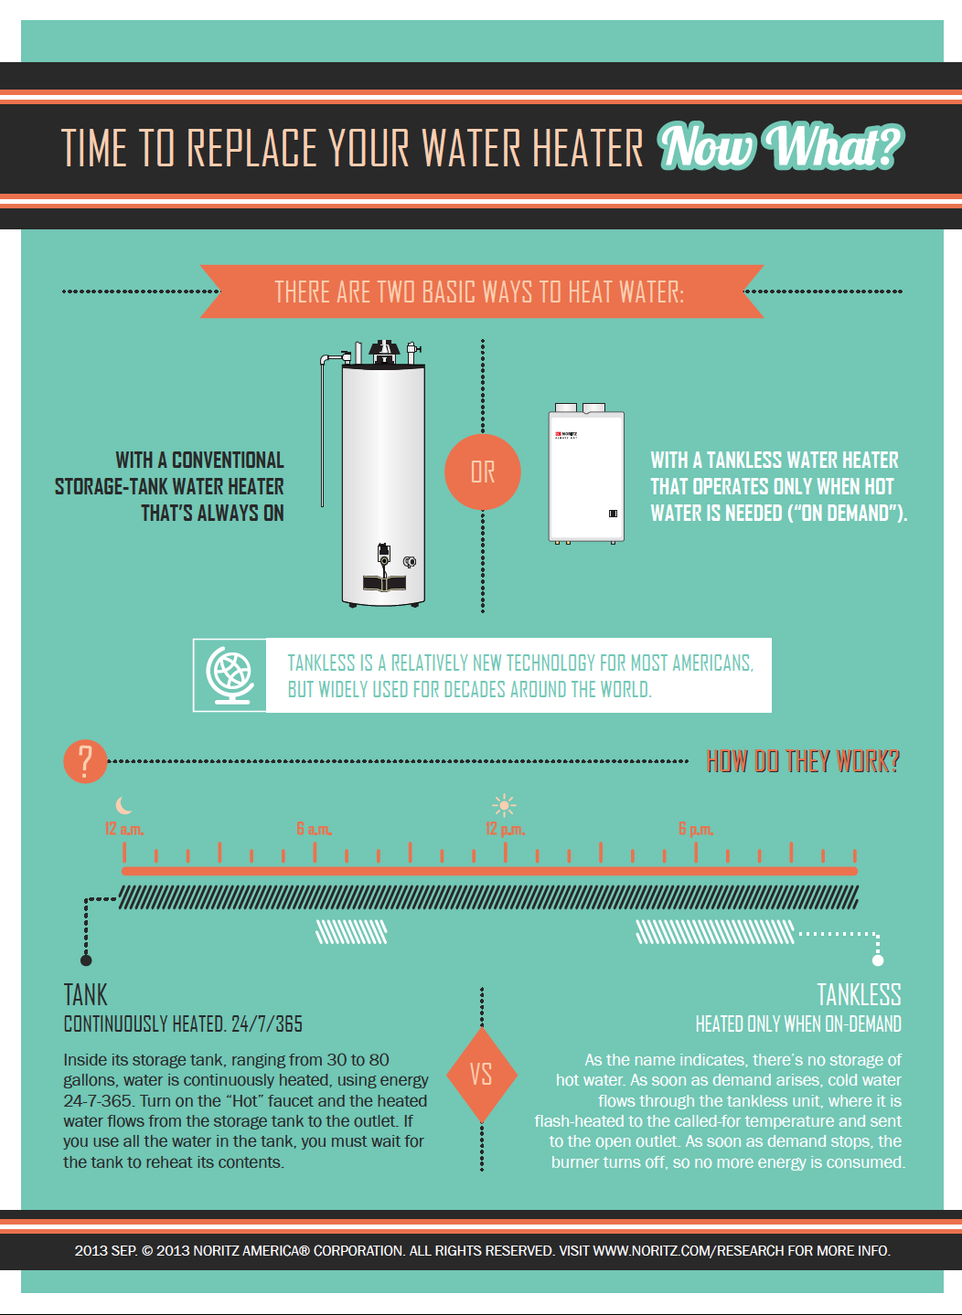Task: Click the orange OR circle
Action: tap(482, 472)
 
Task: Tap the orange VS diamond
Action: tap(482, 1075)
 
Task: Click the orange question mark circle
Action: tap(85, 761)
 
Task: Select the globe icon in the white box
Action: tap(230, 675)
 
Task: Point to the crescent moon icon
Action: tap(123, 805)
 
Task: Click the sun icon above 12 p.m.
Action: tap(504, 805)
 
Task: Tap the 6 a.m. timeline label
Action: tap(315, 829)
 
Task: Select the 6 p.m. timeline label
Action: tap(696, 829)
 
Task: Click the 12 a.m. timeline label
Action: tap(124, 829)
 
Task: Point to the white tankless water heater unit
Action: tap(586, 473)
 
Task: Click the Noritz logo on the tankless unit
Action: tap(566, 435)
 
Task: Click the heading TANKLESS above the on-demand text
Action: tap(859, 995)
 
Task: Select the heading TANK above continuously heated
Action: tap(85, 995)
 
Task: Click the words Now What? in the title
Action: tap(781, 145)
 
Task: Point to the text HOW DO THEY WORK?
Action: tap(803, 761)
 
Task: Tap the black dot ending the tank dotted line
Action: tap(86, 960)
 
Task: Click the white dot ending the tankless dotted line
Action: tap(878, 960)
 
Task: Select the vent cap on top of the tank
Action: tap(383, 351)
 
